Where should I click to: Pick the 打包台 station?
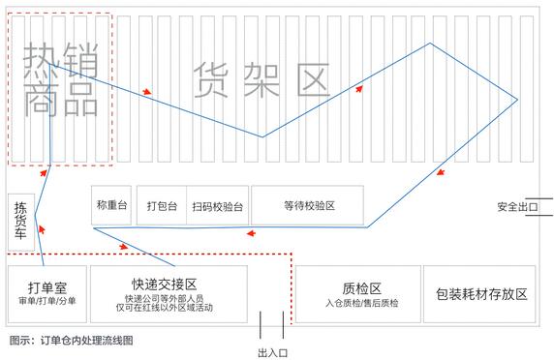[161, 205]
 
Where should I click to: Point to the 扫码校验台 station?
[217, 205]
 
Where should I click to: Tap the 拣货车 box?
[20, 222]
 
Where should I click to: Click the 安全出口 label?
[516, 206]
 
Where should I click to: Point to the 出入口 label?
[273, 351]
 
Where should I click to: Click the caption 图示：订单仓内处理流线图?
[70, 340]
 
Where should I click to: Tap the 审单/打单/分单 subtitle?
[46, 301]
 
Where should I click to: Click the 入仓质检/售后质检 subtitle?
[361, 302]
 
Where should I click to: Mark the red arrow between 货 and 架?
[146, 92]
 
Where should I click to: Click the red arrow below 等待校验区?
[251, 233]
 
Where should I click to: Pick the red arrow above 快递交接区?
[123, 247]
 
